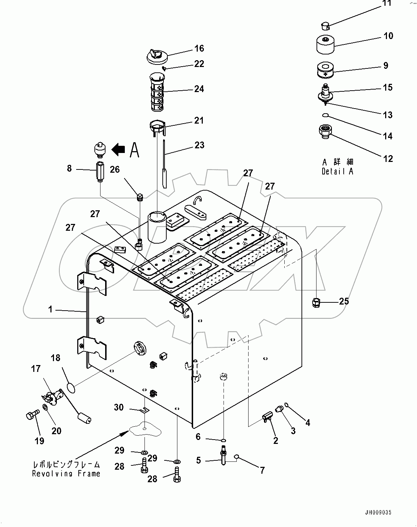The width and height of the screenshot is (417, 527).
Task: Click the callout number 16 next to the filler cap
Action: [199, 48]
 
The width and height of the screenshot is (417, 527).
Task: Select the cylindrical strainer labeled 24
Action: [156, 92]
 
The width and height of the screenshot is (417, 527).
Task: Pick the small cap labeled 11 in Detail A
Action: [324, 25]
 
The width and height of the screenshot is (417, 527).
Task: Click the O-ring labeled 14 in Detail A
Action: [325, 115]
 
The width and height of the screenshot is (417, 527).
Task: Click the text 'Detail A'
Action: [337, 172]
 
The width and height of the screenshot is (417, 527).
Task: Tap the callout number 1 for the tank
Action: [50, 309]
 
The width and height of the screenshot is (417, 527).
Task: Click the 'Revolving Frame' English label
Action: [66, 474]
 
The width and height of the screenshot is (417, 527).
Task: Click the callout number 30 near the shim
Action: [119, 407]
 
